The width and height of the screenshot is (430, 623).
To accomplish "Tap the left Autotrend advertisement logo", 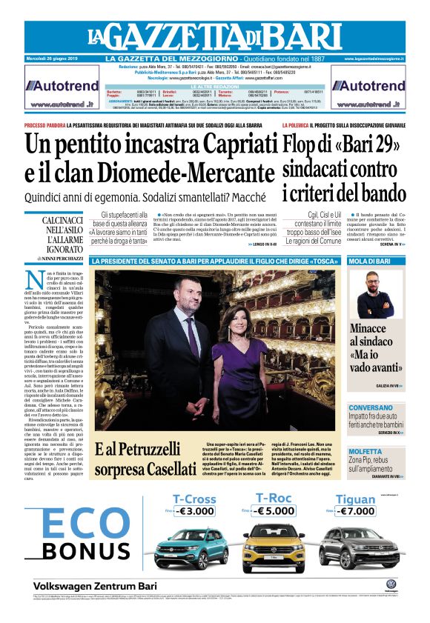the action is pos(62,85).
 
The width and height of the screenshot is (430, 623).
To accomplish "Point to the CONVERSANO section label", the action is pos(371,408).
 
